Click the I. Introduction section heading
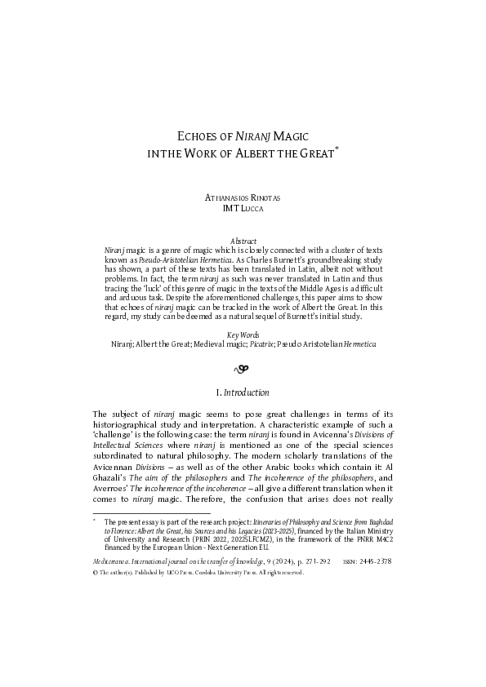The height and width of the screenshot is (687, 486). point(243,392)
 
